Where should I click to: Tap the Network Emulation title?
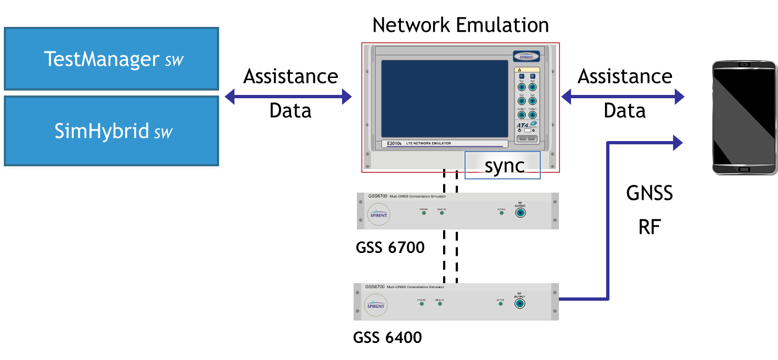[x=460, y=25]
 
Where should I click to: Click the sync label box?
[x=502, y=166]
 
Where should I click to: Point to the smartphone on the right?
[x=745, y=117]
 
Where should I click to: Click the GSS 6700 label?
[x=390, y=248]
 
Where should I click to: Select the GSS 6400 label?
[x=388, y=336]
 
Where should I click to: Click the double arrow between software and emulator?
[x=288, y=98]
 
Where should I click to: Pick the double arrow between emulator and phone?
[x=622, y=98]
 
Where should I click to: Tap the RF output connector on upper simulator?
[x=519, y=213]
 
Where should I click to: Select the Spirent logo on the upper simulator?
[x=378, y=215]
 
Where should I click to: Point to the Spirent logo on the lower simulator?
[x=376, y=305]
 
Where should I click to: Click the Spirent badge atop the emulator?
[x=526, y=55]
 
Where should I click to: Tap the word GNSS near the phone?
[x=650, y=193]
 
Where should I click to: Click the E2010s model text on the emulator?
[x=394, y=144]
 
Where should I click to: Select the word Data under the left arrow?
[x=289, y=111]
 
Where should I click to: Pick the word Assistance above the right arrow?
[x=625, y=76]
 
